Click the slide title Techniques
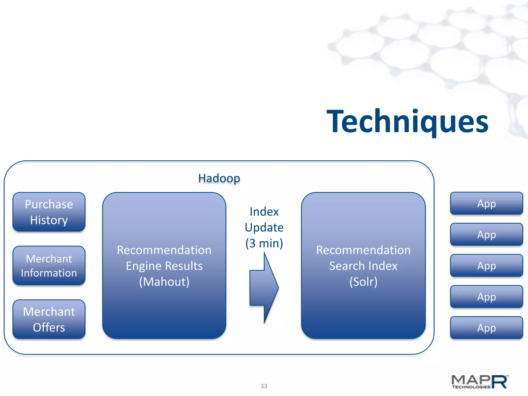click(x=407, y=121)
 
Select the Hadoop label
click(x=219, y=178)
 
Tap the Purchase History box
click(x=49, y=212)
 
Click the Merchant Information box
click(x=49, y=266)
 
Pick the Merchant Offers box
click(x=49, y=319)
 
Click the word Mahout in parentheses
click(x=164, y=282)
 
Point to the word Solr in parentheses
click(x=363, y=282)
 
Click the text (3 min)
click(x=264, y=243)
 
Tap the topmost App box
click(x=486, y=203)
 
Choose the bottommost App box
click(x=486, y=328)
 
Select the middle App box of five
click(x=486, y=266)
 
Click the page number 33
click(x=264, y=386)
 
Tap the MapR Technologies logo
click(x=480, y=382)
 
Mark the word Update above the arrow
click(x=264, y=227)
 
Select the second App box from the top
click(x=486, y=234)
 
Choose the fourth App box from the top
click(x=486, y=297)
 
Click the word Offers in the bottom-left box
click(x=49, y=327)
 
